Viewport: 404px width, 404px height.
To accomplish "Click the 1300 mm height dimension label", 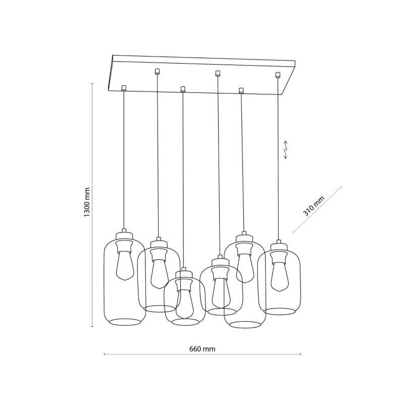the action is point(87,203).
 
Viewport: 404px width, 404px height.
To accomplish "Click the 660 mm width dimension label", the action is point(203,349).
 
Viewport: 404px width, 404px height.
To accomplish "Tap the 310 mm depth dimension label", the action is point(314,206).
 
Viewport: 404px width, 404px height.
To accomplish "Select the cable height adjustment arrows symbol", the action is point(285,149).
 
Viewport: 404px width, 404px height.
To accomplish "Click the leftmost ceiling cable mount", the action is point(124,88).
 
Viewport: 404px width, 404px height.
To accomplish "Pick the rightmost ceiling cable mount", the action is point(277,75).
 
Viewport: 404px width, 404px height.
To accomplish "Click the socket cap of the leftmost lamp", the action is point(124,235).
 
